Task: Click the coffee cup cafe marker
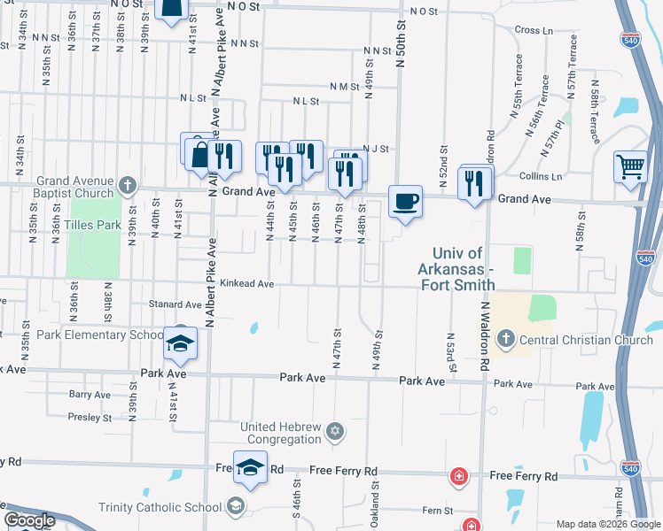405,202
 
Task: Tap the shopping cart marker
630,165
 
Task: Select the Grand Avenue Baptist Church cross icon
128,186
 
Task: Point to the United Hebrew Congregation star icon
334,433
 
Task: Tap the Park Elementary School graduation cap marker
181,343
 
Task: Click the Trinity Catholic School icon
235,506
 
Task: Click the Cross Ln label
533,30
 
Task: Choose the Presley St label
90,417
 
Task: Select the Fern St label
438,511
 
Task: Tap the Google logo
30,520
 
